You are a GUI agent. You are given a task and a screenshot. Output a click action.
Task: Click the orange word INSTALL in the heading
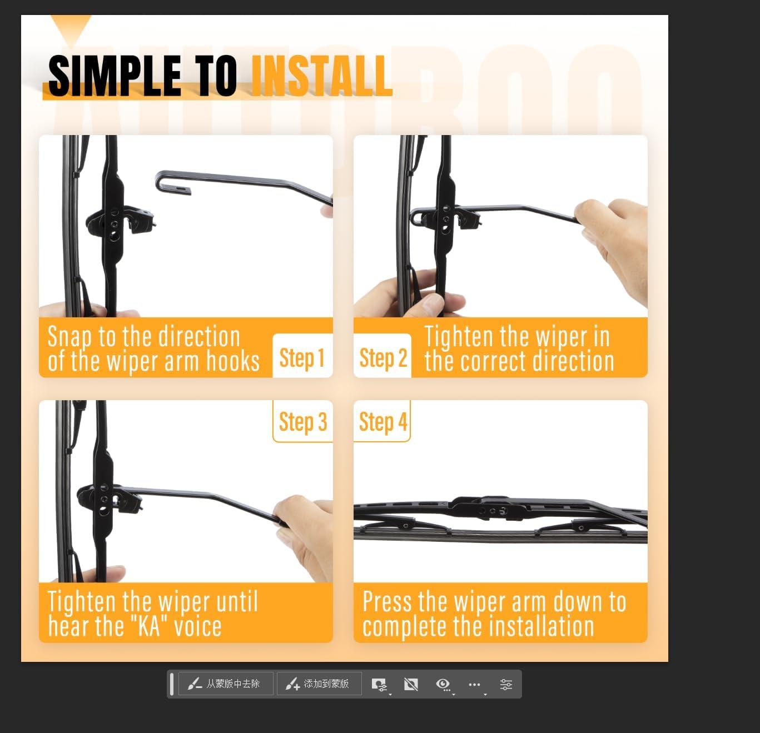tap(321, 76)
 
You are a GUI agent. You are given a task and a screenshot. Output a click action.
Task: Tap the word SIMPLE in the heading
tap(115, 76)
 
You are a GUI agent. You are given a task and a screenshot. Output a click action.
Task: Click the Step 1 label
tap(302, 357)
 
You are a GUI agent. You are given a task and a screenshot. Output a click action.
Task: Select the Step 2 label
tap(383, 357)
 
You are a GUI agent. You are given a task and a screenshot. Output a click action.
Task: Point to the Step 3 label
tap(303, 422)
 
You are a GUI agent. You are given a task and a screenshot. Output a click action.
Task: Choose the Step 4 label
tap(383, 422)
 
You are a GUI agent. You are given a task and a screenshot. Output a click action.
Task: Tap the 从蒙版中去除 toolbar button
tap(226, 684)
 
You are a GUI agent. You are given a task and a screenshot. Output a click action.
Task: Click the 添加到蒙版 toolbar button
tap(319, 684)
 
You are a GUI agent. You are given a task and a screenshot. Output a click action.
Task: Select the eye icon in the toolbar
tap(443, 684)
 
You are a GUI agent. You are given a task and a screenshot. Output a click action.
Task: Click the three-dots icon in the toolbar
tap(474, 684)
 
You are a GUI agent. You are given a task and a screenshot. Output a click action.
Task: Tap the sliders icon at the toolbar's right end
tap(506, 684)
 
